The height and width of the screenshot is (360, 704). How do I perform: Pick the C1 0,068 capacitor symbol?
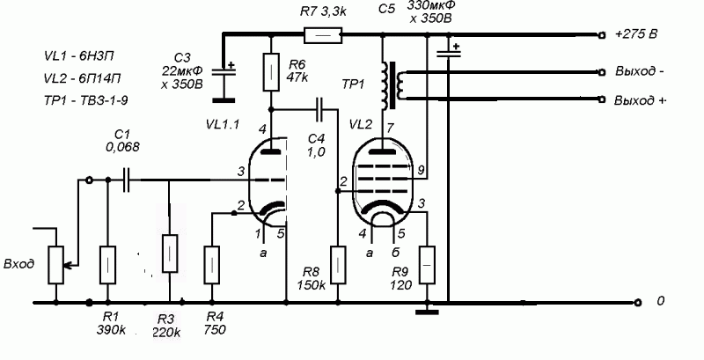coord(128,180)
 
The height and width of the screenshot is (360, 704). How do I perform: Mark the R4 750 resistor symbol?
coord(212,263)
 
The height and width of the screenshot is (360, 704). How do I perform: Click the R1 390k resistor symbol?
coord(108,263)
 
